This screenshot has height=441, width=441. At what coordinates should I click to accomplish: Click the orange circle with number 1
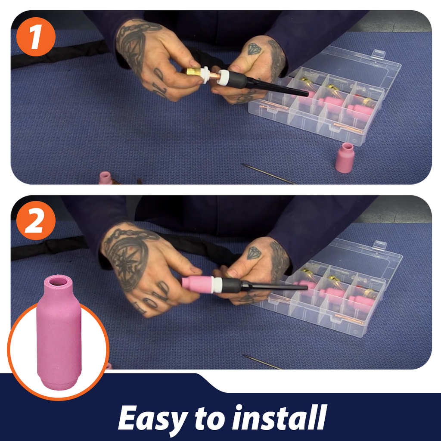[36, 37]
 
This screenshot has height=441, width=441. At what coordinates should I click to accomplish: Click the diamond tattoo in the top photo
[254, 49]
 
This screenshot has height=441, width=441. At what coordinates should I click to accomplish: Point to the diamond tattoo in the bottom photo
[254, 253]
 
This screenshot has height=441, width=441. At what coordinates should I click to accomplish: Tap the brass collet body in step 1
[195, 71]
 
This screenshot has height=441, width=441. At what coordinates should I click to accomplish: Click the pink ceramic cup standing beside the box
[344, 158]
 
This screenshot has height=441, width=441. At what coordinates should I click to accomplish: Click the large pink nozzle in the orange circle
[59, 332]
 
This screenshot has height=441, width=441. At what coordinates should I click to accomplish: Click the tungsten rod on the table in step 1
[269, 174]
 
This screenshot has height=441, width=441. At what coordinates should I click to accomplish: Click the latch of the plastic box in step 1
[378, 53]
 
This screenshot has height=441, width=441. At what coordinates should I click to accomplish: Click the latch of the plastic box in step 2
[379, 245]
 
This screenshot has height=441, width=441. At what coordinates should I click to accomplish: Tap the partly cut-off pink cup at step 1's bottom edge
[106, 178]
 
